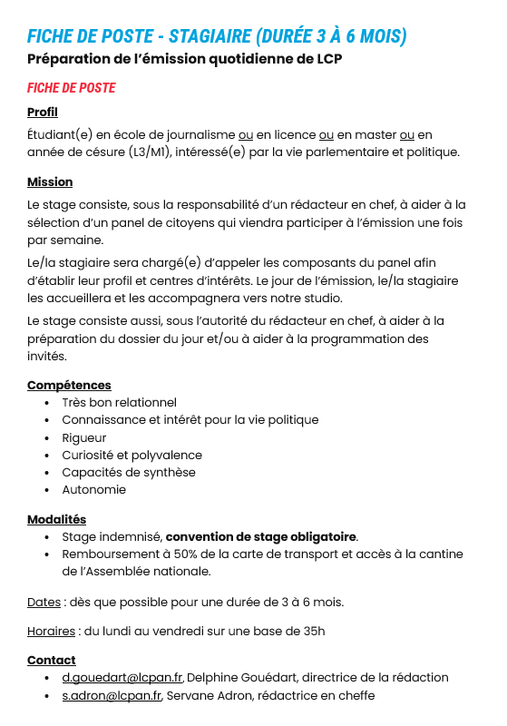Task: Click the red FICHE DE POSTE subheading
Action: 72,88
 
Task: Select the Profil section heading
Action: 43,113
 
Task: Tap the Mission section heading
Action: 50,182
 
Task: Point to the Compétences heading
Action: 69,386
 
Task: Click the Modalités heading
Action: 56,519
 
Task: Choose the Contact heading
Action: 52,660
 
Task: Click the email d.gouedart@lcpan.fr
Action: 123,678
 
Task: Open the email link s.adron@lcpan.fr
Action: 112,695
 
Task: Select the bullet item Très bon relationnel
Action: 119,403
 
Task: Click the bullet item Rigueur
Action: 84,437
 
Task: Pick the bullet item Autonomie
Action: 94,490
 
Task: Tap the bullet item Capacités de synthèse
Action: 129,473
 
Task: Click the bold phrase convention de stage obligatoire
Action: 261,537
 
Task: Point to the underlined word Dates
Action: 44,602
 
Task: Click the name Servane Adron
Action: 208,695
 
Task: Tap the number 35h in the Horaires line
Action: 314,631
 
